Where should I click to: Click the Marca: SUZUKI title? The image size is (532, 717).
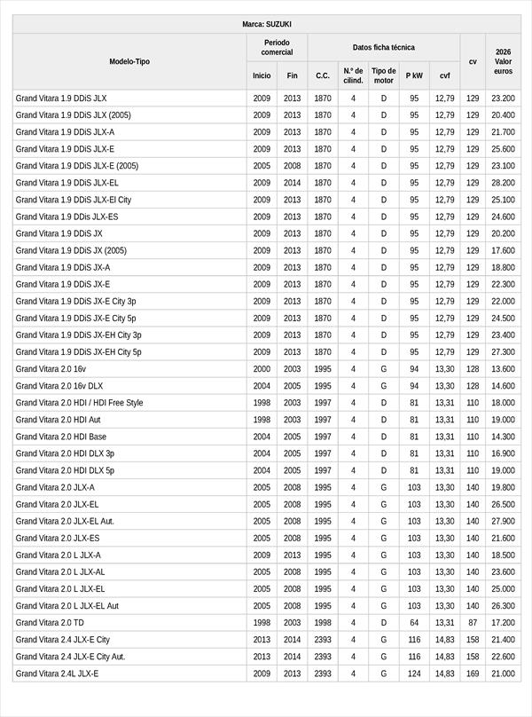click(266, 24)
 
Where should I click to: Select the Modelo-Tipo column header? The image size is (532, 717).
click(129, 61)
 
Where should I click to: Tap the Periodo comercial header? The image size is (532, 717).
click(277, 47)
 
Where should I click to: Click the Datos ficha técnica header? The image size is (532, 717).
click(383, 47)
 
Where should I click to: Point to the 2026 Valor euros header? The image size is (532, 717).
click(504, 61)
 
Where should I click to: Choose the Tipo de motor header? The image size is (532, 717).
click(384, 75)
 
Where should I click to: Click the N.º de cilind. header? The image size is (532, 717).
click(353, 75)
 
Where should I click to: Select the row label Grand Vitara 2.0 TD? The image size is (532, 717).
click(50, 623)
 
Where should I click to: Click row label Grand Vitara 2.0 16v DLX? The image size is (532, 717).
click(59, 386)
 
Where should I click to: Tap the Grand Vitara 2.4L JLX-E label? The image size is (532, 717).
click(57, 674)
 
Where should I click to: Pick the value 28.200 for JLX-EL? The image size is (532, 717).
click(503, 183)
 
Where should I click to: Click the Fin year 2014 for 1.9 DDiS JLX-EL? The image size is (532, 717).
click(293, 183)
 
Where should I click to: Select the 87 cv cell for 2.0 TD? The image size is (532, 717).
click(473, 623)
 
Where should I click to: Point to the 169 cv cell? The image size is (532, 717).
click(473, 674)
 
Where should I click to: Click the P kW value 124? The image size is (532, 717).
click(414, 674)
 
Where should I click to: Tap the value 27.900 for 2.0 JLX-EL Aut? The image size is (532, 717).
click(503, 521)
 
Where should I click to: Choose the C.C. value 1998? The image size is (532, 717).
click(323, 623)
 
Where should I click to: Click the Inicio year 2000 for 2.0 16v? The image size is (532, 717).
click(262, 369)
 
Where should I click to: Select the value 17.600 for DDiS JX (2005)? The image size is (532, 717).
click(503, 250)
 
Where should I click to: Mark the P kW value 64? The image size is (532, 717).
click(414, 623)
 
